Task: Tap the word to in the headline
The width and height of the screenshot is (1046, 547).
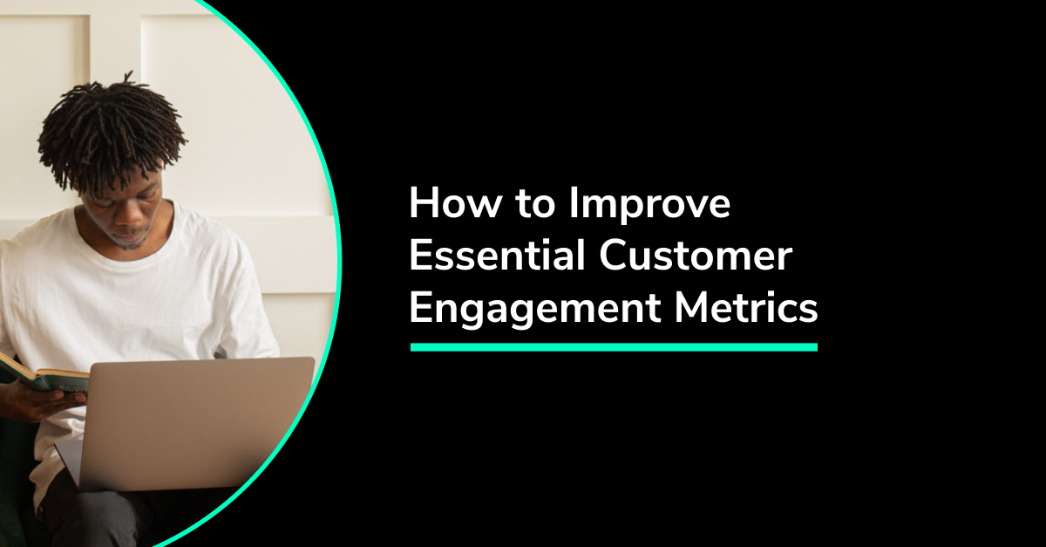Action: [535, 204]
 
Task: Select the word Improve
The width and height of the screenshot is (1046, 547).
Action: [650, 206]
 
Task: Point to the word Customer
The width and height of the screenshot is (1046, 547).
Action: [696, 256]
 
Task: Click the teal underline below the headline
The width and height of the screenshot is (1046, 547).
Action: [614, 347]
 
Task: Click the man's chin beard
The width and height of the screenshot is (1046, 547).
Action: [130, 243]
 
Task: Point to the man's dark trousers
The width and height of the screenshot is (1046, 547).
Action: [107, 514]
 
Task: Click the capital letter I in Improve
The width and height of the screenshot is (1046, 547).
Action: [574, 203]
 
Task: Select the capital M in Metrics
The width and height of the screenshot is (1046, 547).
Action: [692, 307]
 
